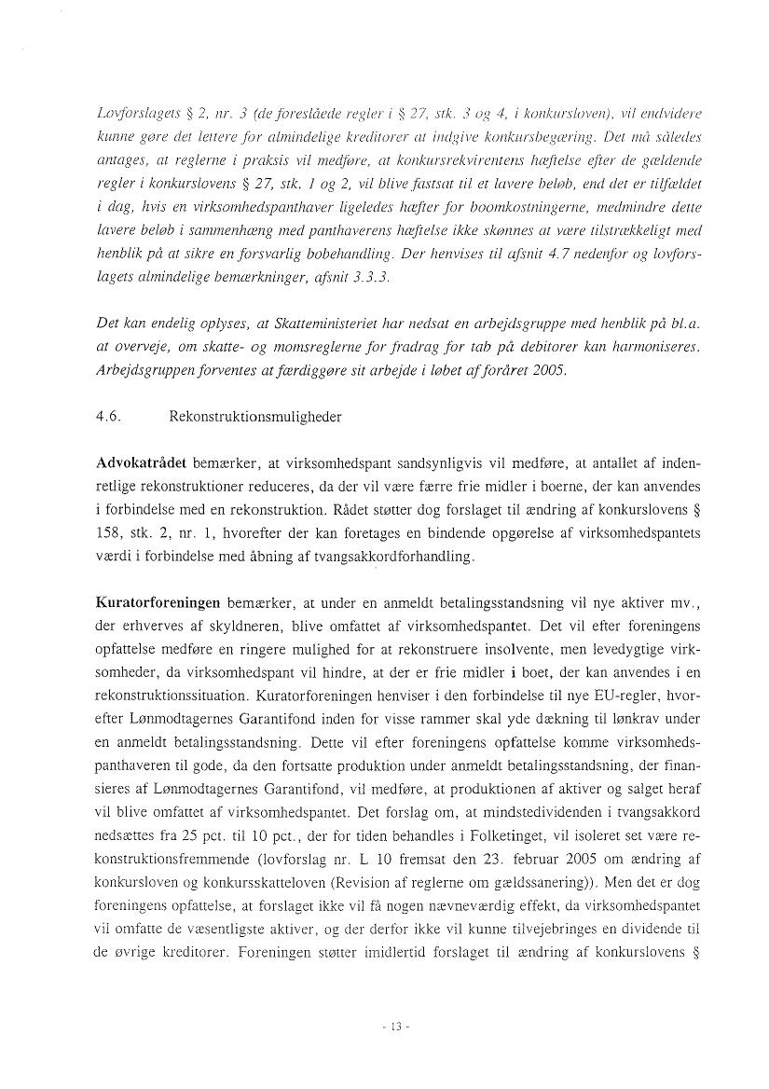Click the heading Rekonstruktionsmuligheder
(255, 417)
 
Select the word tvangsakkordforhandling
(396, 557)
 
